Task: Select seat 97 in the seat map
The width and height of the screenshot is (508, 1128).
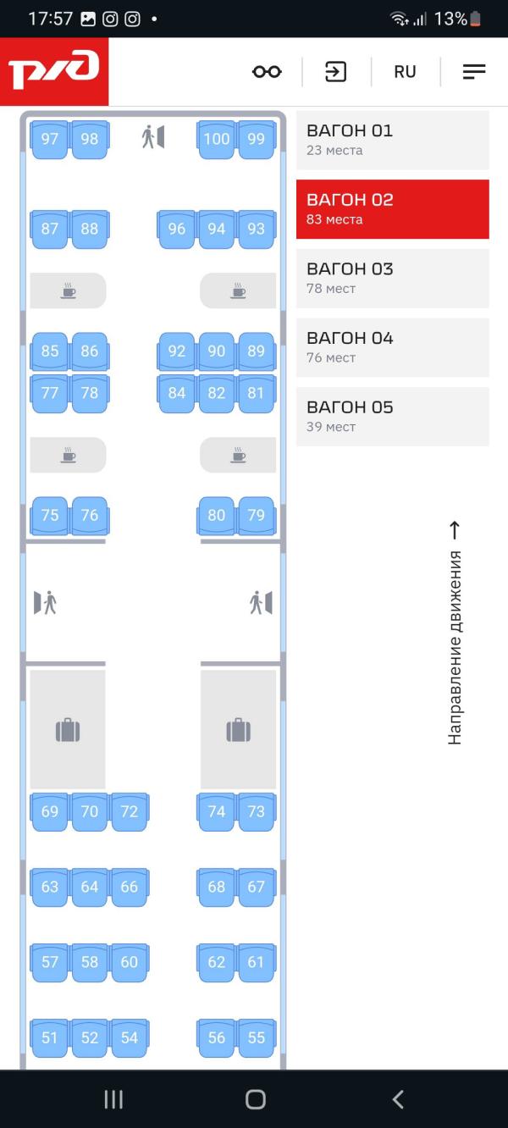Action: coord(50,139)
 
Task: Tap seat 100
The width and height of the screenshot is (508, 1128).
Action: coord(217,139)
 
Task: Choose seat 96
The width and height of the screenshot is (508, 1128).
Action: coord(176,229)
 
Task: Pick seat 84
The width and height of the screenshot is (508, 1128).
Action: coord(176,393)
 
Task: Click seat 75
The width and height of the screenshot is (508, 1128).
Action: coord(50,515)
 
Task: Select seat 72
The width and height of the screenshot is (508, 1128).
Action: coord(130,811)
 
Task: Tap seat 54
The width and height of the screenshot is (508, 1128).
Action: coord(130,1037)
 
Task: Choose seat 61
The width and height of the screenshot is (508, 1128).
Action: coord(257,962)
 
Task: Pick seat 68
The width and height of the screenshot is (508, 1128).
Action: coord(217,887)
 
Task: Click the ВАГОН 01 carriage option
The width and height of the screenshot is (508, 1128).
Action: coord(392,140)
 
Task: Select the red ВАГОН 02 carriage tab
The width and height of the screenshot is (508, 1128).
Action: coord(392,208)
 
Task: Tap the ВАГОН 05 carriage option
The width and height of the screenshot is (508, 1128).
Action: coord(392,416)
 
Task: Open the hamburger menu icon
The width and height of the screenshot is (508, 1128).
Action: coord(474,72)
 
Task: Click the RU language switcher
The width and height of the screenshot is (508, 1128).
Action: coord(405,72)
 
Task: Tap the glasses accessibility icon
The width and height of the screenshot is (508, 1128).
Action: coord(267,72)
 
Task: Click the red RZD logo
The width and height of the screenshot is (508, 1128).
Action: coord(54,71)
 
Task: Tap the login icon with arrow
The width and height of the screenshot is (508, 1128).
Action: coord(336,72)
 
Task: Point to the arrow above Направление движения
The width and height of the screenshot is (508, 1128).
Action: coord(455,531)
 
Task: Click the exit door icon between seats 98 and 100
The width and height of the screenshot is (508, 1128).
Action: coord(153,136)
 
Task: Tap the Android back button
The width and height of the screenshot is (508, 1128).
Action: coord(398,1099)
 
